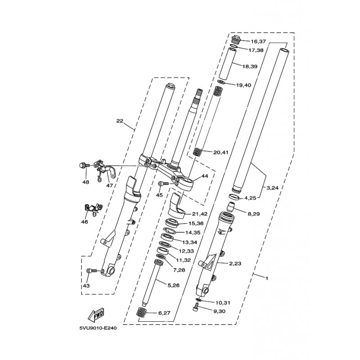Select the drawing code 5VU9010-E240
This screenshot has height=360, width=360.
(x=98, y=328)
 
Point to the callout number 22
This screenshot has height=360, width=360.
(x=120, y=121)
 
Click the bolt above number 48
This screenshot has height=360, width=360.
(x=83, y=165)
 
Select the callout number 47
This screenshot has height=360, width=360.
(x=109, y=185)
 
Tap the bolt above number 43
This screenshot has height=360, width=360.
(x=91, y=271)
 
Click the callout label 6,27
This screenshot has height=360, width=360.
(x=164, y=313)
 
